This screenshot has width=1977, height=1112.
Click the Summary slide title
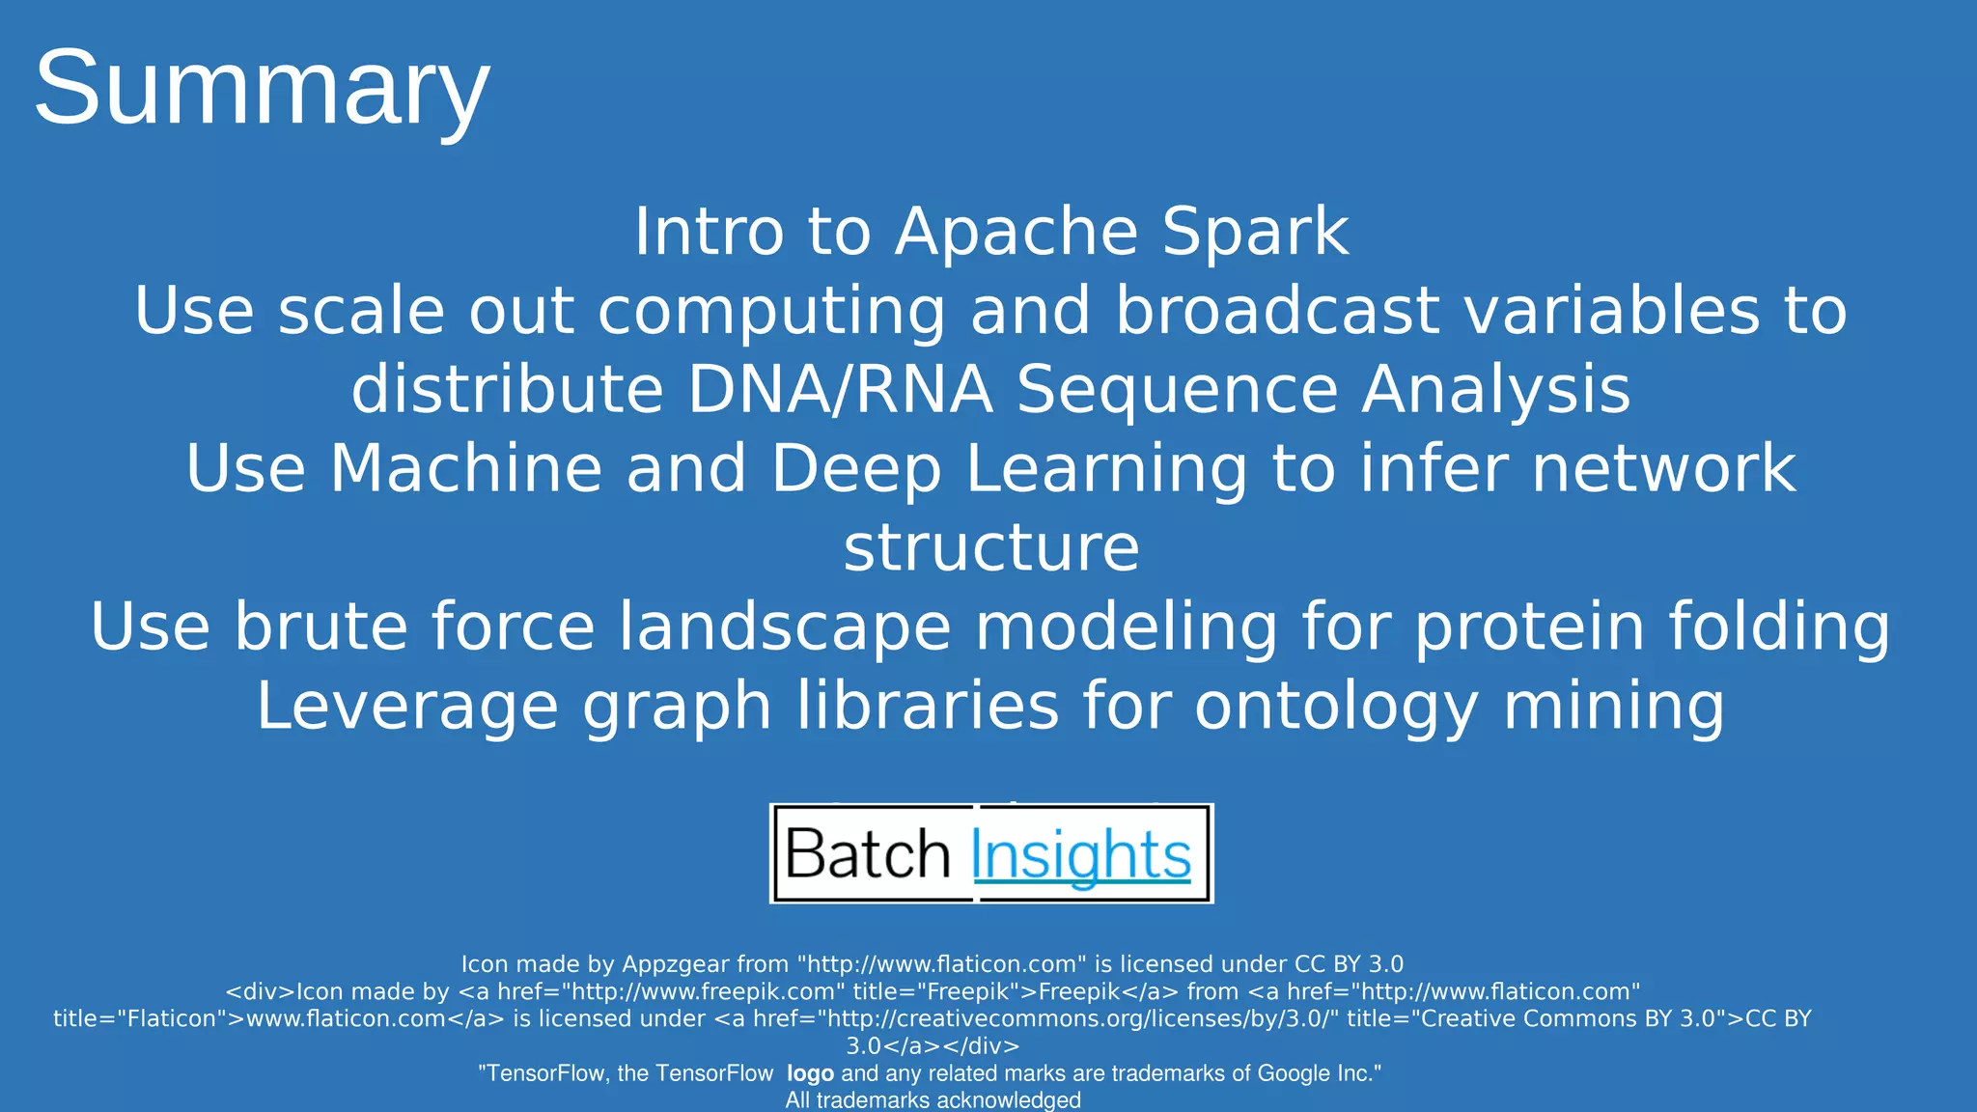click(262, 89)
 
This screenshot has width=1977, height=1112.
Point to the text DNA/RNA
click(840, 390)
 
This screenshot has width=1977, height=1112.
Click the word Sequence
click(1177, 390)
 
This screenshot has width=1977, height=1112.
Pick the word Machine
click(466, 469)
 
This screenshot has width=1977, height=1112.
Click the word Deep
click(855, 469)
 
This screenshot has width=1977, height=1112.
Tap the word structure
click(991, 548)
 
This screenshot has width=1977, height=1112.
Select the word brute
click(318, 627)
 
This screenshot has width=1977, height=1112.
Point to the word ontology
click(1336, 707)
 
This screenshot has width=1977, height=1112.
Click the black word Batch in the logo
click(868, 854)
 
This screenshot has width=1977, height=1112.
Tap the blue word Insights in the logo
click(1081, 856)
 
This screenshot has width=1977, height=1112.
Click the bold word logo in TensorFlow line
click(810, 1073)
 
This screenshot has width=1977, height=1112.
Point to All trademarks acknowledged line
click(933, 1100)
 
